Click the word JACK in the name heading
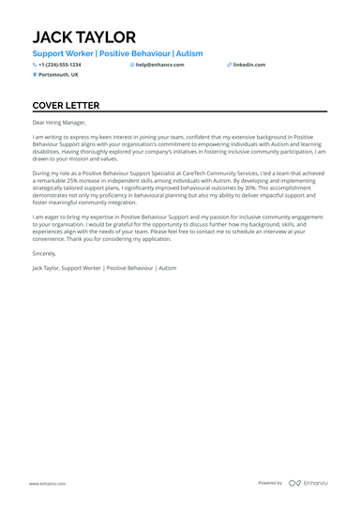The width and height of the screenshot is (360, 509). (52, 37)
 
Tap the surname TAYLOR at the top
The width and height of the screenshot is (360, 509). (105, 37)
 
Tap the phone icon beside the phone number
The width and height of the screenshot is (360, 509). (35, 65)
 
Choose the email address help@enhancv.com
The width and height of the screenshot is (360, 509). (159, 65)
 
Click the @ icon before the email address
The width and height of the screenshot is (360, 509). (132, 65)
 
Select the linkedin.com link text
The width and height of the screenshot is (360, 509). (249, 65)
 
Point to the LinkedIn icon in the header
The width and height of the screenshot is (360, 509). (229, 65)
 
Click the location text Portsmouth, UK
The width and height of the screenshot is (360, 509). (58, 74)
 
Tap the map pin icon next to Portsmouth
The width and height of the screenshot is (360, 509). (35, 74)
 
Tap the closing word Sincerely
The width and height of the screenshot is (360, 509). (44, 252)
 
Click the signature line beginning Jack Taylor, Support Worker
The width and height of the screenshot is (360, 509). (103, 267)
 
